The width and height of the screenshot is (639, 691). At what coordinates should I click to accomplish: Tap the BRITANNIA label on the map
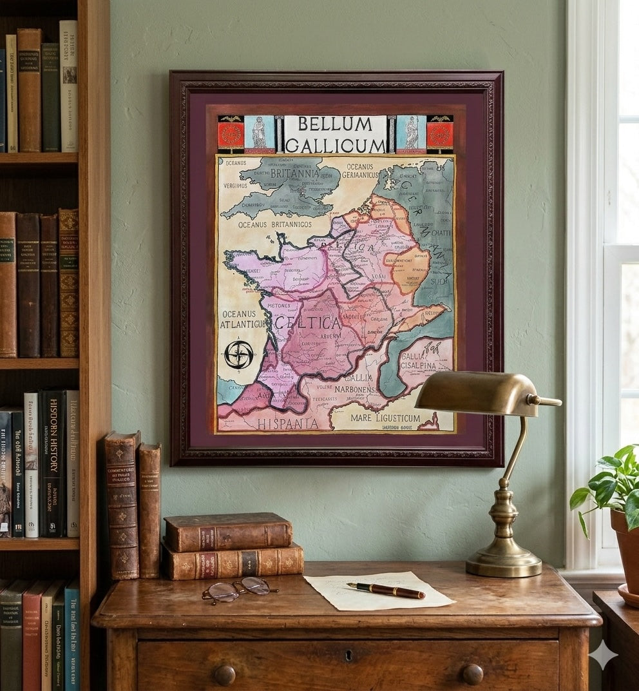tap(294, 173)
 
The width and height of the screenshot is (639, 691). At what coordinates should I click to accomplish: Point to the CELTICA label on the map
tap(307, 322)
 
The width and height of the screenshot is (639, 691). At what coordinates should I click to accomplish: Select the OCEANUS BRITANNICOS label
tap(275, 224)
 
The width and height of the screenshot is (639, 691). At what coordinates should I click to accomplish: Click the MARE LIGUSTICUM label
tap(385, 418)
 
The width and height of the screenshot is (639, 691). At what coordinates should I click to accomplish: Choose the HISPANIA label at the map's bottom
tap(287, 423)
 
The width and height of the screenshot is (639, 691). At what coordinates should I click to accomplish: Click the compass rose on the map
tap(239, 355)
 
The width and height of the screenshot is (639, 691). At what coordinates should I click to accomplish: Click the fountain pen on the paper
tap(386, 590)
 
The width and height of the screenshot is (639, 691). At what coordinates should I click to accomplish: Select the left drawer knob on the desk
tap(225, 675)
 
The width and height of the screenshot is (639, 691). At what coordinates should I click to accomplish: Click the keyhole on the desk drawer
tap(348, 656)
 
